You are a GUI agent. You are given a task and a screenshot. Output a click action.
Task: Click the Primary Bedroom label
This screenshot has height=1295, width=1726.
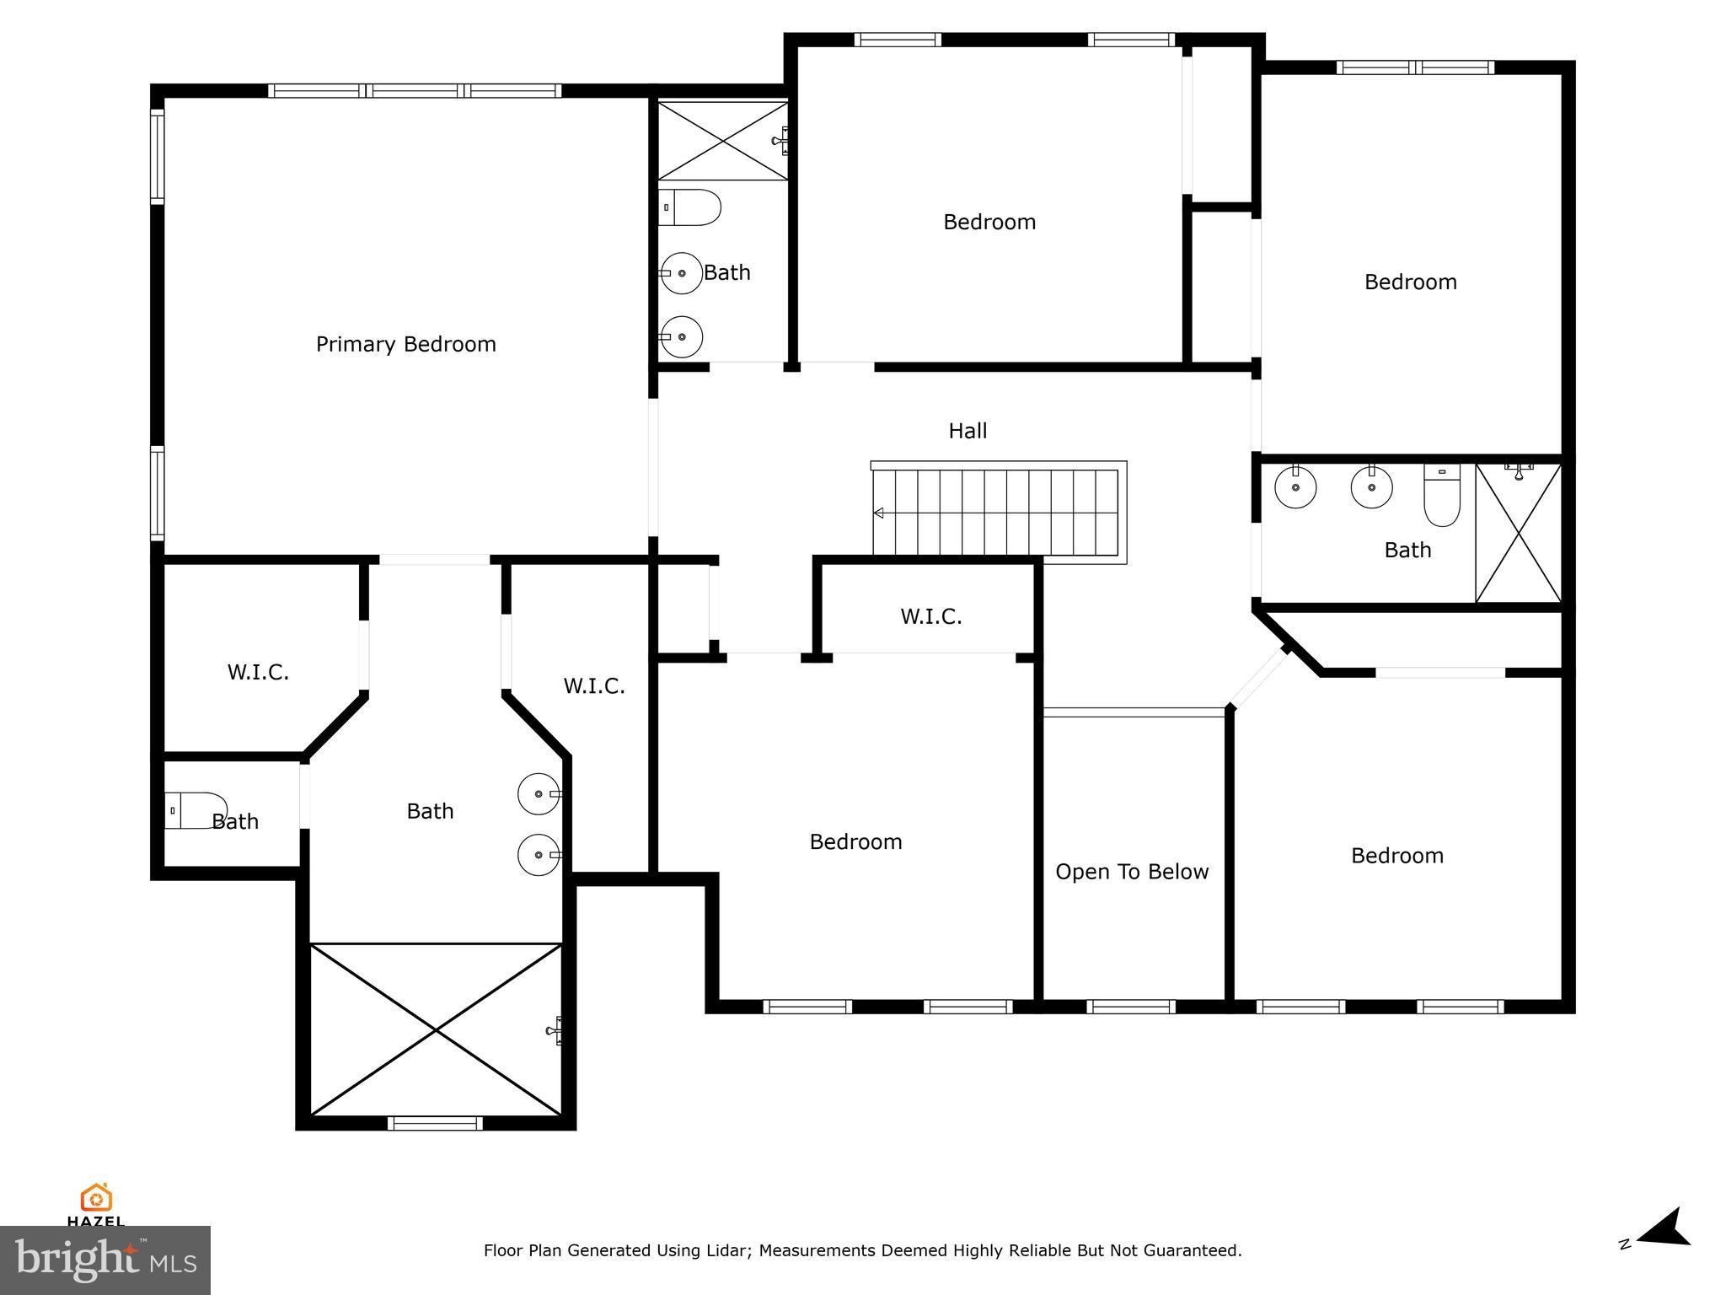coord(405,344)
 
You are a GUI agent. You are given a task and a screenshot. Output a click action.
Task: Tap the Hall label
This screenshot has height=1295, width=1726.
coord(968,431)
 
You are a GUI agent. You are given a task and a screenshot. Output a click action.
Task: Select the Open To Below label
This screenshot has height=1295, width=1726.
coord(1131,872)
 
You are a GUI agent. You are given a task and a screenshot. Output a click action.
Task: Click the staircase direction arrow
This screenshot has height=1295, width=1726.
coord(879,513)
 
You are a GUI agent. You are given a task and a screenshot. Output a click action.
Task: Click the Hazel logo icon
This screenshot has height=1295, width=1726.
coord(96,1198)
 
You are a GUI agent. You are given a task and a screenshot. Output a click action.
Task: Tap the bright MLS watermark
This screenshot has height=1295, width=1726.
coord(105,1260)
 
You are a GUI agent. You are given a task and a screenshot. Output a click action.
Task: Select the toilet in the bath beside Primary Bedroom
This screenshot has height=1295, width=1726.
coord(689,207)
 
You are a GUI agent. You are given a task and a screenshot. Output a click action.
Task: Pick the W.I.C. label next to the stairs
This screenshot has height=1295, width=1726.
coord(930,617)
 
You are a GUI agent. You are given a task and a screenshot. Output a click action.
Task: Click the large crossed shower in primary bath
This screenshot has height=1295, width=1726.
coord(436,1029)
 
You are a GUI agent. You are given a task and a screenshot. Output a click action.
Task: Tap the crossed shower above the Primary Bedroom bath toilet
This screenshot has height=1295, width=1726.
coord(722,141)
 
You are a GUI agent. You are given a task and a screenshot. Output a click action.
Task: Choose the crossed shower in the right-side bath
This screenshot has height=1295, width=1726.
coord(1518,533)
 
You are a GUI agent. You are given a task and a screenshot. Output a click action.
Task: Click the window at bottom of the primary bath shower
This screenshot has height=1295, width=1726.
coord(435,1123)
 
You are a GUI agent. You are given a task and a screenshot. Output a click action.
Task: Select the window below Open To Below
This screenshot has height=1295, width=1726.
coord(1130,1007)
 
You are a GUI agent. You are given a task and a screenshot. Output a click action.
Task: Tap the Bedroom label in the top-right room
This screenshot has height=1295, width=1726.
coord(1410,282)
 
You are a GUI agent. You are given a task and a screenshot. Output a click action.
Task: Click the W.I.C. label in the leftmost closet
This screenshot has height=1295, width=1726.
coord(258,673)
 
